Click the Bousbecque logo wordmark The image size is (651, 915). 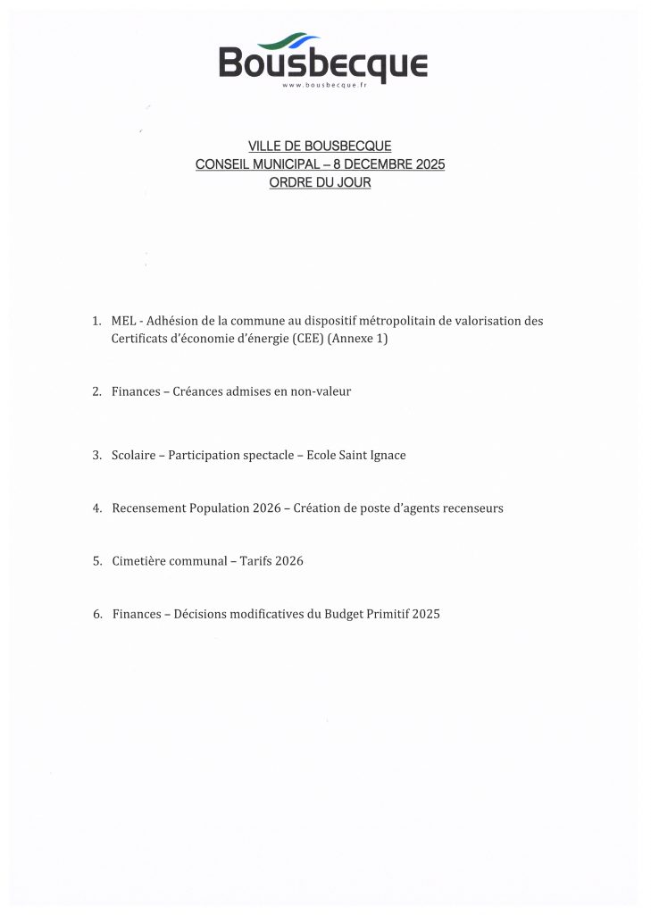(x=323, y=64)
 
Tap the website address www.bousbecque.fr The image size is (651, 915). (x=323, y=86)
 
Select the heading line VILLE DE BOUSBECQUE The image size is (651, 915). (x=320, y=147)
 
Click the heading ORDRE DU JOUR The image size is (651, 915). (x=320, y=182)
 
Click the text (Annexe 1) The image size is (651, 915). (x=358, y=340)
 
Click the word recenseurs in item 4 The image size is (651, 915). (x=472, y=508)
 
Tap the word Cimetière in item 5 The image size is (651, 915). (x=138, y=561)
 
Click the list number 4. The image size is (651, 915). (x=96, y=508)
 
